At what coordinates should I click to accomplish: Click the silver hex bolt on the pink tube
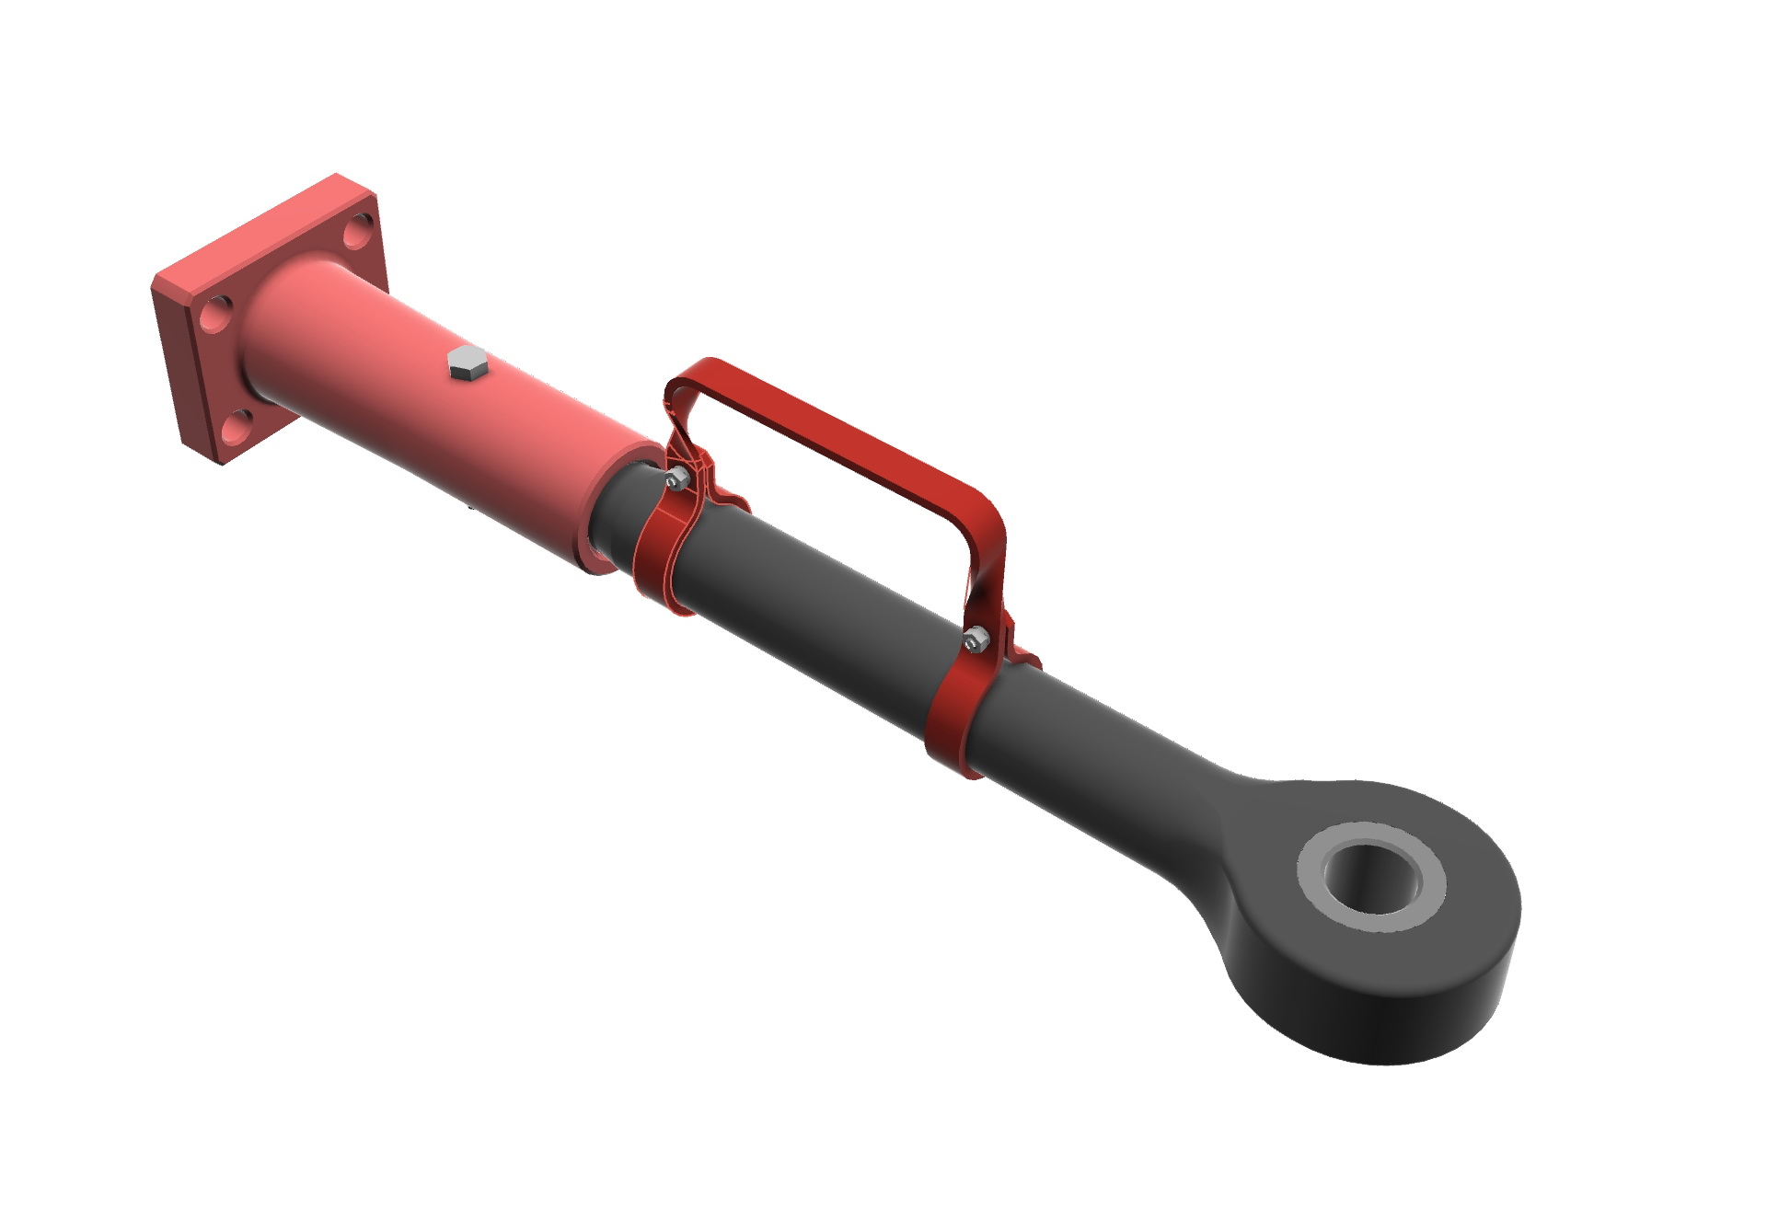pyautogui.click(x=468, y=363)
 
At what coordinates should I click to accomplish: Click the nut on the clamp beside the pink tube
pyautogui.click(x=676, y=478)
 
